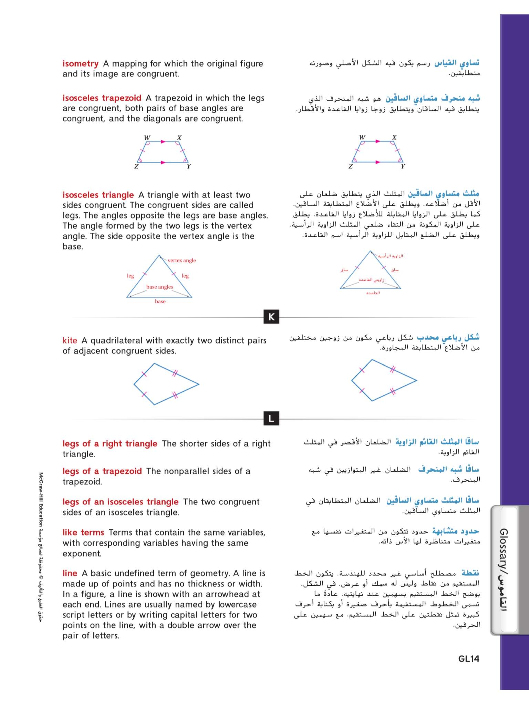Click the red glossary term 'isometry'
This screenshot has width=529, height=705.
click(x=80, y=64)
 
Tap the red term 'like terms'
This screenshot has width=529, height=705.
click(x=83, y=533)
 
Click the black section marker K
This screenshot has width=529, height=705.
click(x=271, y=317)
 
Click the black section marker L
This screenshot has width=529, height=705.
click(x=271, y=418)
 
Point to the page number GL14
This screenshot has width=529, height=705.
click(x=468, y=659)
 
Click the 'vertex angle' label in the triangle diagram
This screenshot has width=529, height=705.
click(x=182, y=260)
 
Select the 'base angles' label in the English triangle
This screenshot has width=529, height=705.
click(x=160, y=287)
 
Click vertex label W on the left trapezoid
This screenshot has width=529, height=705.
click(x=147, y=138)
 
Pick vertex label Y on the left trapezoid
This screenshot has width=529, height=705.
click(x=189, y=166)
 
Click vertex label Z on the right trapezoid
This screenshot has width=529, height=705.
click(x=350, y=166)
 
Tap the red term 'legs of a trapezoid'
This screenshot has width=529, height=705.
click(x=102, y=471)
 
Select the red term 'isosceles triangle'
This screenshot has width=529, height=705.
click(x=98, y=195)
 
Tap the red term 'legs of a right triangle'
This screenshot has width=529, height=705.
click(x=110, y=444)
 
